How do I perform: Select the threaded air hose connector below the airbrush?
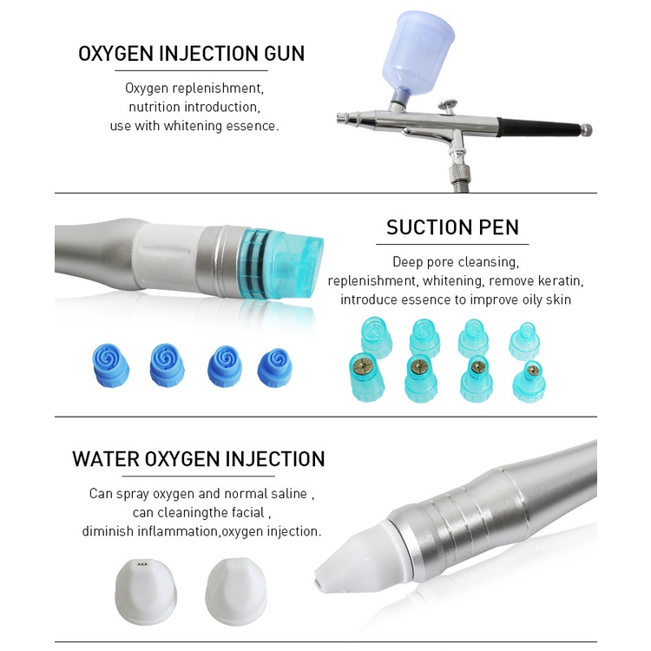459,176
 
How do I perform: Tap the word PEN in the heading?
499,227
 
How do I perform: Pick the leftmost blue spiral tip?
110,365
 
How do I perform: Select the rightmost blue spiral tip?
274,367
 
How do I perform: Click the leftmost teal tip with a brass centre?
366,377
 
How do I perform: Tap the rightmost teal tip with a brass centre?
529,381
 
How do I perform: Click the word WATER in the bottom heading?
105,459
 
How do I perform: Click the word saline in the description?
289,494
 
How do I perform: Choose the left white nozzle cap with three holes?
146,591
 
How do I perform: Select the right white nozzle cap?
236,591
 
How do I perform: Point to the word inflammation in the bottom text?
177,531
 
